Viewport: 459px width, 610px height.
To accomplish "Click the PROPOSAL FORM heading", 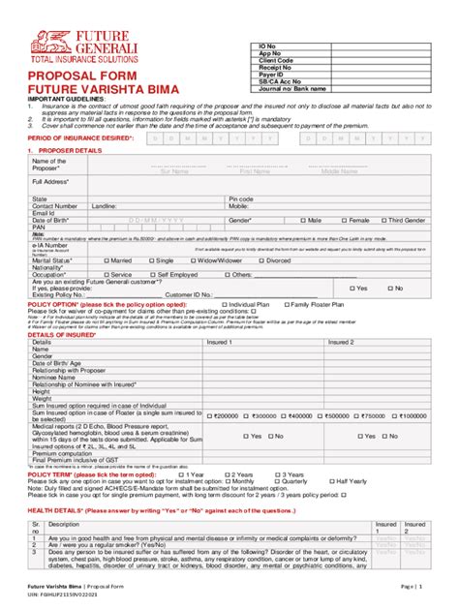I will pyautogui.click(x=74, y=74).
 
